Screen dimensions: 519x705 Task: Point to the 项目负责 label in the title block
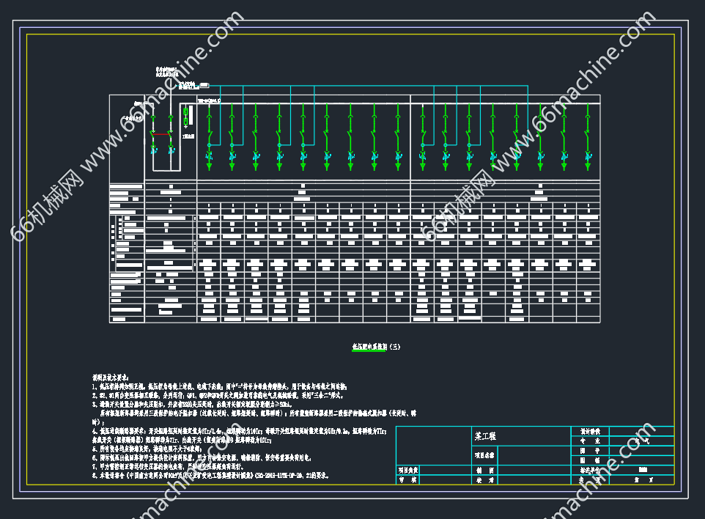coord(408,470)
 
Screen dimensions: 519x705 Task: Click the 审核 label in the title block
coord(408,480)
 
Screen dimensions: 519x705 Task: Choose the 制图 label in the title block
coord(486,470)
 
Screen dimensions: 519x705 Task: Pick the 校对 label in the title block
coord(486,480)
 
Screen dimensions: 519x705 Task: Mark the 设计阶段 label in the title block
coord(590,431)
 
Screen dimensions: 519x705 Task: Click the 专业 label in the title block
coord(590,441)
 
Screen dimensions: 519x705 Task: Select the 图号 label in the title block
coord(590,460)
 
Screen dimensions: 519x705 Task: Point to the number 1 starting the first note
coord(95,386)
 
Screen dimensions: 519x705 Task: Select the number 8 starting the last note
coord(95,475)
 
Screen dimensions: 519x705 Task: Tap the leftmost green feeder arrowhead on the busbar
coord(208,168)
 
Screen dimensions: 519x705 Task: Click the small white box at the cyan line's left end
coord(204,86)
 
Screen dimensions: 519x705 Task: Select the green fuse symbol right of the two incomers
coord(185,117)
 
